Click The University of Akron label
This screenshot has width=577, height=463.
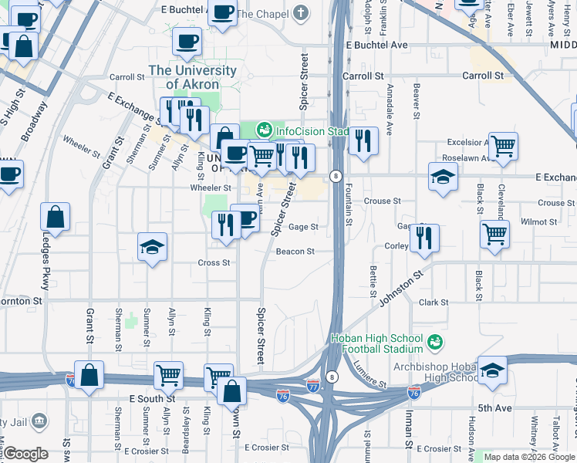(193, 76)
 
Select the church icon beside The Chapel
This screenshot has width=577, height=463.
(300, 13)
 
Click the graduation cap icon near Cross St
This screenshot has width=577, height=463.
(152, 248)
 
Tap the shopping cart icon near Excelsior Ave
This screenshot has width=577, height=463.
(503, 144)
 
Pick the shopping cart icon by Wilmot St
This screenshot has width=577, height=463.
(494, 232)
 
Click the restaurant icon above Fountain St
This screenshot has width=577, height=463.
(363, 140)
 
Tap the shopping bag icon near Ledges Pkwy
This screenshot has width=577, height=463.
(56, 216)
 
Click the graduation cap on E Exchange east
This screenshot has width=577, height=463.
(444, 177)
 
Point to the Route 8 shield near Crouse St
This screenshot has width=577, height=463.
(336, 176)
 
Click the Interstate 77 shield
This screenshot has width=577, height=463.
(312, 384)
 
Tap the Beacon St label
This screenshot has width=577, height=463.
(295, 252)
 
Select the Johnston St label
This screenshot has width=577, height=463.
(401, 287)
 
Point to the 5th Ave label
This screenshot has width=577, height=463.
(491, 407)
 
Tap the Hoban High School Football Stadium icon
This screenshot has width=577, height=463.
(435, 341)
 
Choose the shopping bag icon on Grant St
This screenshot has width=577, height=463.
(89, 375)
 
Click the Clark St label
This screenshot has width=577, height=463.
(434, 302)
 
